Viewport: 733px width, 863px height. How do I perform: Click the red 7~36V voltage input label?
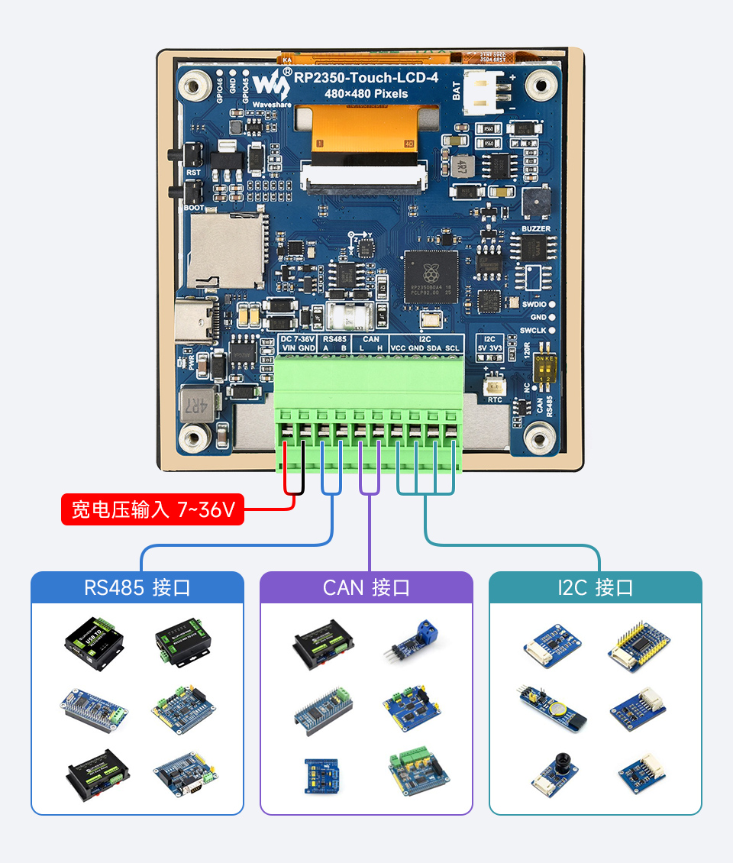[x=153, y=509]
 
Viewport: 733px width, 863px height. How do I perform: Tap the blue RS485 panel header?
[x=137, y=588]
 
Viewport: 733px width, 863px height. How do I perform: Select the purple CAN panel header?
[x=366, y=588]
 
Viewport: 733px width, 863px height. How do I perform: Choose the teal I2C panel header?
[x=596, y=588]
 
